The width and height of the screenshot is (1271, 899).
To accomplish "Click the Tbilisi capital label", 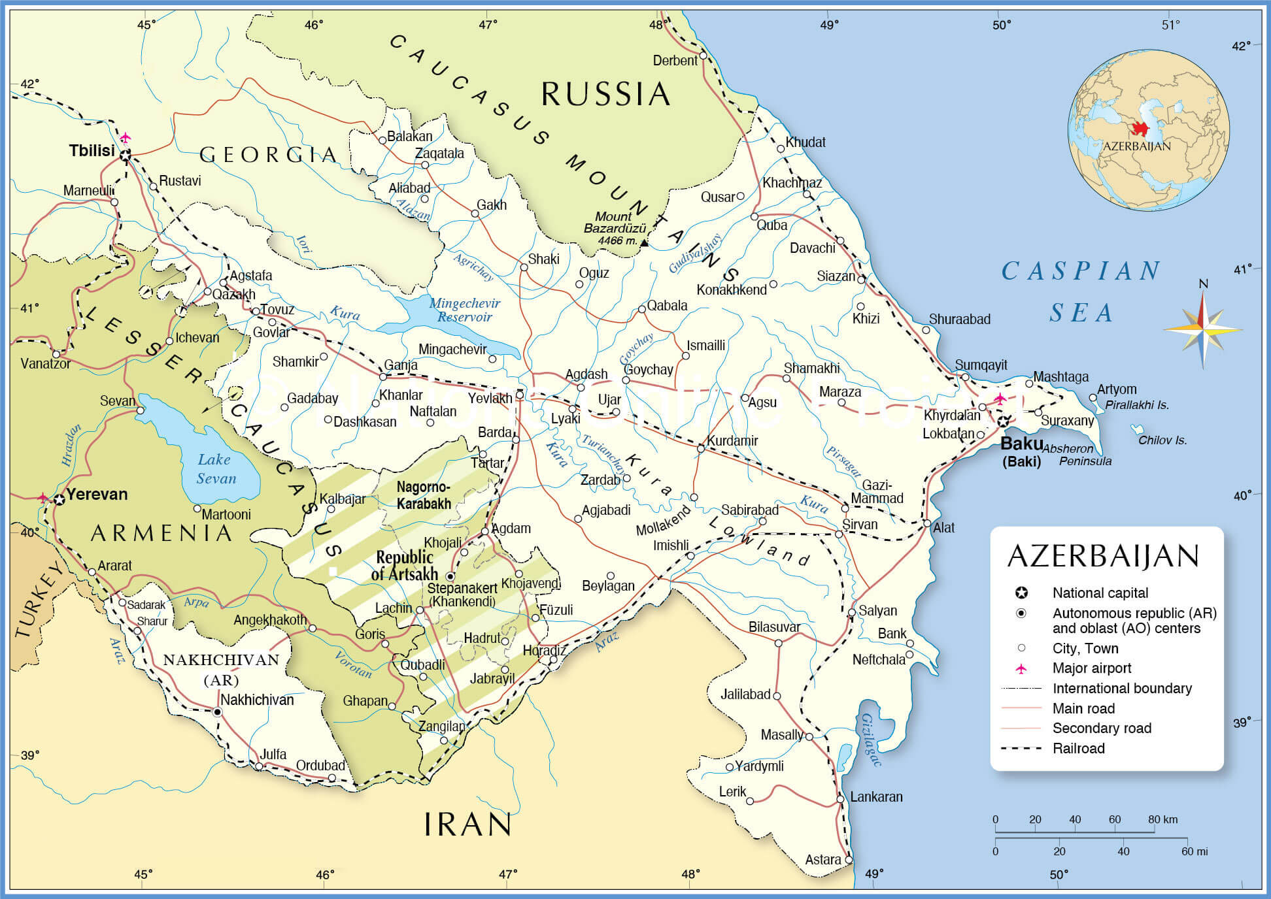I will tap(92, 151).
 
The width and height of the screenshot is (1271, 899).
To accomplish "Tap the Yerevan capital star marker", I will tap(59, 500).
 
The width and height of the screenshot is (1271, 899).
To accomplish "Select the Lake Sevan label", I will tap(216, 469).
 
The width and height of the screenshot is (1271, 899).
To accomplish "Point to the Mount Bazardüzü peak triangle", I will tap(644, 243).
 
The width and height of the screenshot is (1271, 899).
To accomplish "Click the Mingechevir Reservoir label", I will tap(464, 310).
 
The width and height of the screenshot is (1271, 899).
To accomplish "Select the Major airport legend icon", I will tap(1021, 668).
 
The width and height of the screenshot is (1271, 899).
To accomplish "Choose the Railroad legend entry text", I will tap(1078, 749).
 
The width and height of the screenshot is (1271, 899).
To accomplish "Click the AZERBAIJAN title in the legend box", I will tap(1104, 557).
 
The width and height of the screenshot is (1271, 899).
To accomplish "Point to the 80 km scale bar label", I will tap(1162, 819).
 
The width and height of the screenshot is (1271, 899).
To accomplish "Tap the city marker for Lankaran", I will tap(841, 799).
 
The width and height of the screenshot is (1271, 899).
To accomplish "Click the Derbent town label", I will tap(675, 61).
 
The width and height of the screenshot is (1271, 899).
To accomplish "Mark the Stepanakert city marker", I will tap(450, 577).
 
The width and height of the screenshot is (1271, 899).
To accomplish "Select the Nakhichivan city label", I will tap(257, 700).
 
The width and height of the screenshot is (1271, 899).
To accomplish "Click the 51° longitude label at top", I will tap(1170, 25).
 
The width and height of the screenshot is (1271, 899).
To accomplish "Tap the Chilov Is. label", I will tap(1162, 440).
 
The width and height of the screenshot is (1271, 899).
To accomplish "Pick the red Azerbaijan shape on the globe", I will tap(1140, 129).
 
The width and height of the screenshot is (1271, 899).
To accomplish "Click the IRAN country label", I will tap(467, 825).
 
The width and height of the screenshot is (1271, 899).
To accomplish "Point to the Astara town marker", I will tap(849, 860).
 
